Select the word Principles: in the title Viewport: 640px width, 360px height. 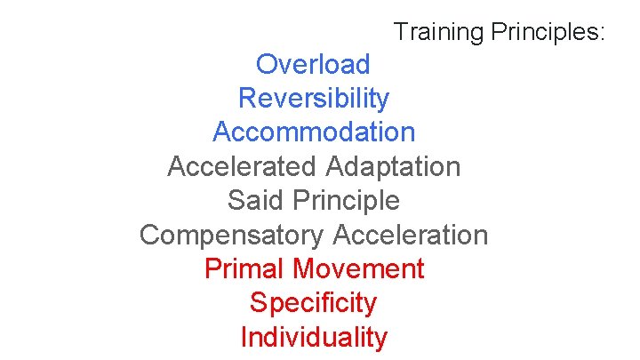547,33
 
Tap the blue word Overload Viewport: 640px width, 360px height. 313,64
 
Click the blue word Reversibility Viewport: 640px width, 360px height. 313,98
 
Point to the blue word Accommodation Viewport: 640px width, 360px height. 314,132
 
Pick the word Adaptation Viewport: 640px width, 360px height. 393,167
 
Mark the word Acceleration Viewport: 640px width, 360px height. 410,235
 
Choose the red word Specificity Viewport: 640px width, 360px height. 313,303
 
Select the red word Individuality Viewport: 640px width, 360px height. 314,338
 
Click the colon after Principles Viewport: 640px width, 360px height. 602,35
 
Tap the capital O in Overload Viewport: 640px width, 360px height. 266,64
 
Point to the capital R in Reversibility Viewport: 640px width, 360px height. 246,98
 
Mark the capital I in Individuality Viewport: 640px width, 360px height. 244,338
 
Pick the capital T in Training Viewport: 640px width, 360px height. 400,32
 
